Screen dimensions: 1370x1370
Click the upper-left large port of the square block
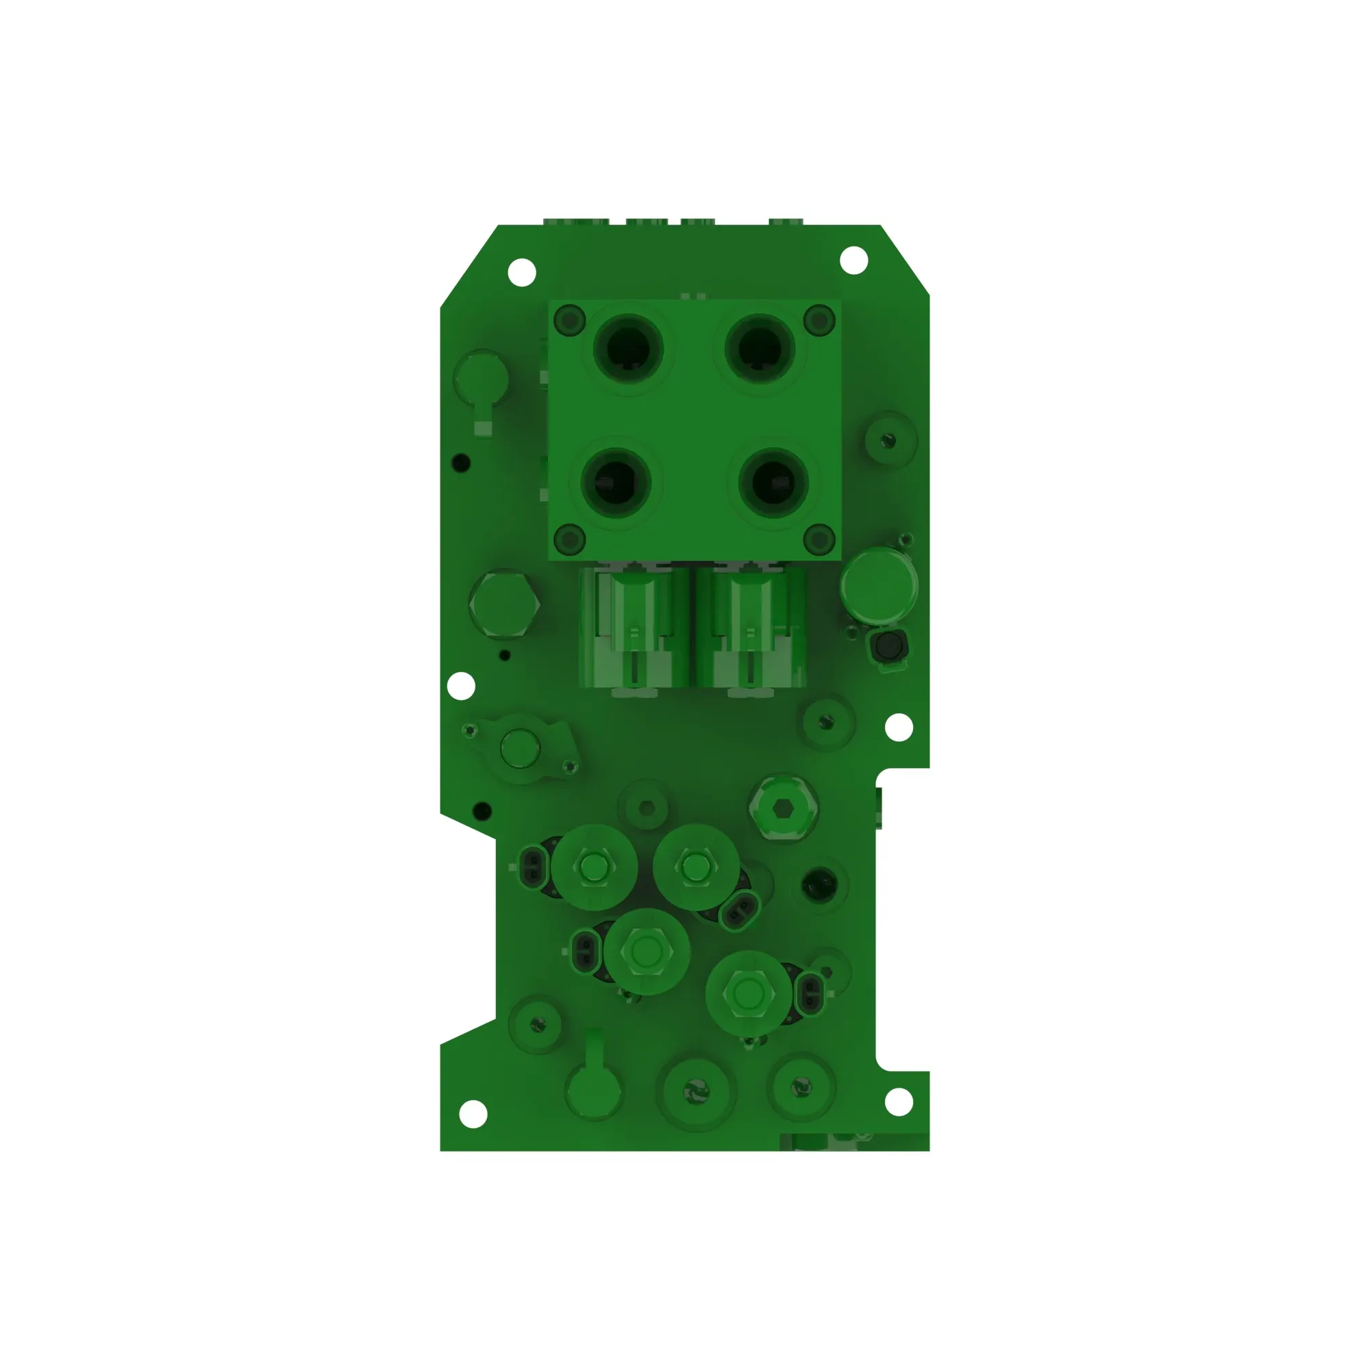pyautogui.click(x=627, y=349)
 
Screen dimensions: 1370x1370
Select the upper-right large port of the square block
pyautogui.click(x=760, y=349)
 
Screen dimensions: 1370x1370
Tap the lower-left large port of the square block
pyautogui.click(x=616, y=482)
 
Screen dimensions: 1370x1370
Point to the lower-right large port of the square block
pyautogui.click(x=773, y=482)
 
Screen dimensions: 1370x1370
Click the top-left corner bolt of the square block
pyautogui.click(x=569, y=321)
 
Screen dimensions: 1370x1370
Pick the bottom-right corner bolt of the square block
pyautogui.click(x=820, y=540)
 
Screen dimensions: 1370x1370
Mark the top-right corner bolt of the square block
pyautogui.click(x=820, y=321)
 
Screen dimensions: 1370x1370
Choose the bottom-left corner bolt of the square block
pyautogui.click(x=569, y=540)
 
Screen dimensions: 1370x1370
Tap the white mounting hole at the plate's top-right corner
pyautogui.click(x=854, y=260)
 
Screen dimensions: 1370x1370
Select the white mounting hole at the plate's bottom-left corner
pyautogui.click(x=473, y=1114)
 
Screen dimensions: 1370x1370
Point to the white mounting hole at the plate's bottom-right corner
pyautogui.click(x=899, y=1102)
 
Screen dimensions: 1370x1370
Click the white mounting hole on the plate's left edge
pyautogui.click(x=462, y=686)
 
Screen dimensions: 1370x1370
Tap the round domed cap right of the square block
pyautogui.click(x=879, y=585)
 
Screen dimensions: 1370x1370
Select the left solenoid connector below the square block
pyautogui.click(x=633, y=628)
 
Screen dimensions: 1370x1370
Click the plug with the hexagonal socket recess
pyautogui.click(x=782, y=808)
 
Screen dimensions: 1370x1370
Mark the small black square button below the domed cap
pyautogui.click(x=888, y=647)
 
